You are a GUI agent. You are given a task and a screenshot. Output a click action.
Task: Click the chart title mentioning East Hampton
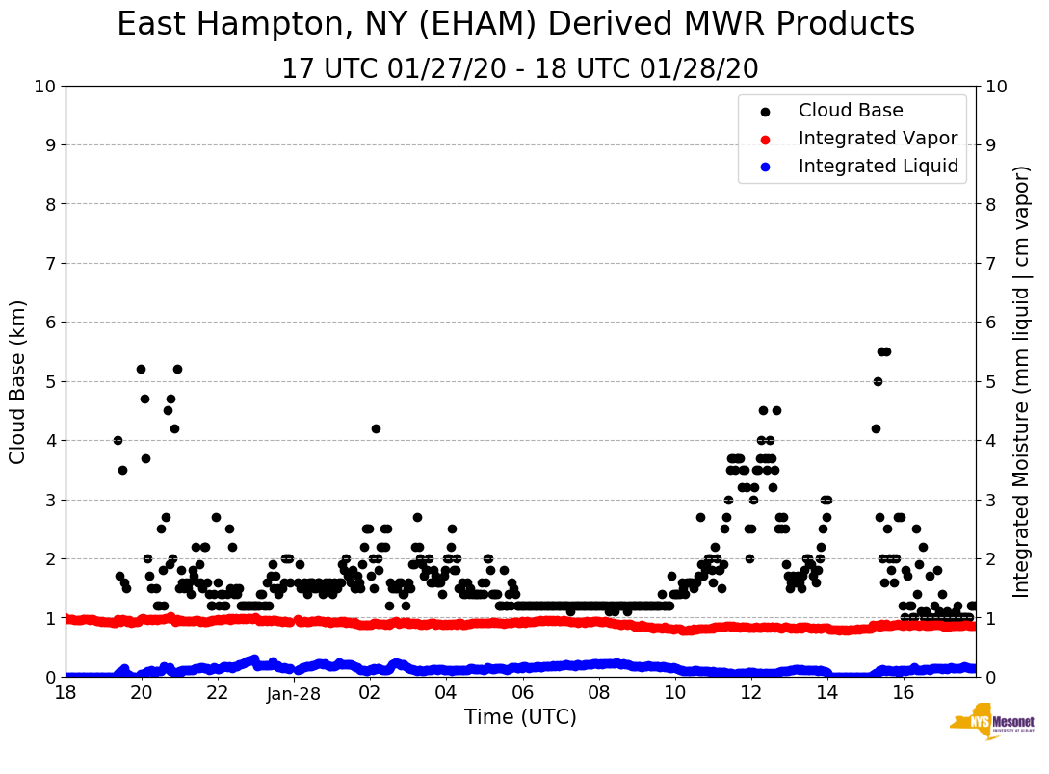point(515,25)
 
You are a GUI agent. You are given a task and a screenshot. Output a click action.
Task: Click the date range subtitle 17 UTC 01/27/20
point(519,69)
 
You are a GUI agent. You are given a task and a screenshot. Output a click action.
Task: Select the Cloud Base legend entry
point(851,111)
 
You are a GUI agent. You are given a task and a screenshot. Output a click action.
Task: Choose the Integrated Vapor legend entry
point(878,139)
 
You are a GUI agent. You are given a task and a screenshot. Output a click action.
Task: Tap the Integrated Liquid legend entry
point(878,167)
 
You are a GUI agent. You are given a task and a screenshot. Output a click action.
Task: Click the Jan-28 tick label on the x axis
point(294,693)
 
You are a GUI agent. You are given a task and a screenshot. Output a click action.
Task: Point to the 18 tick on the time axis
point(66,693)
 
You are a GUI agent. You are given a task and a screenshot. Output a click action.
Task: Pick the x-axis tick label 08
point(598,693)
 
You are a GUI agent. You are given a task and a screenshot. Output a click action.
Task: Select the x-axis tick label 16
point(903,693)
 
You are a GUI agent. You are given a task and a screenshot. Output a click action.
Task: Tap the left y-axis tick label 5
point(50,381)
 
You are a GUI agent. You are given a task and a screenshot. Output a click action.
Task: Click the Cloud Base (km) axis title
point(18,381)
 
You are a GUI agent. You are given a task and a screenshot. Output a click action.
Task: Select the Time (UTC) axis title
point(520,717)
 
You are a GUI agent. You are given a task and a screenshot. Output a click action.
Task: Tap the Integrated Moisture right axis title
point(1023,381)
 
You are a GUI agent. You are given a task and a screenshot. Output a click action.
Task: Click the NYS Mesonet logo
point(991,723)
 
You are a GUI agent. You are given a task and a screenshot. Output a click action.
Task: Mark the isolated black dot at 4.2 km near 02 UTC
point(376,428)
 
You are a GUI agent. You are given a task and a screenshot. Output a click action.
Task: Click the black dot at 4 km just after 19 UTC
point(118,440)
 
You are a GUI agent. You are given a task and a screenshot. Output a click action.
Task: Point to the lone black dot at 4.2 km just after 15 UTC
point(876,428)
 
